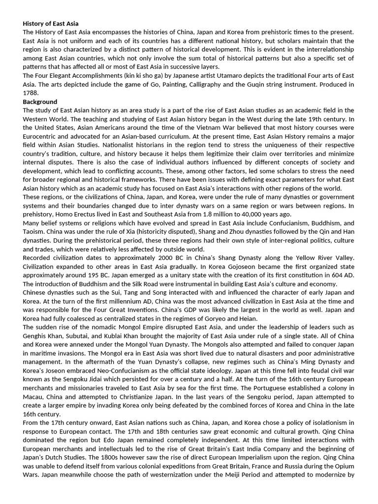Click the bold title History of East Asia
point(50,23)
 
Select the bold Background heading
point(40,101)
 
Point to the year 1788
point(31,93)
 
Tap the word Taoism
point(34,232)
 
